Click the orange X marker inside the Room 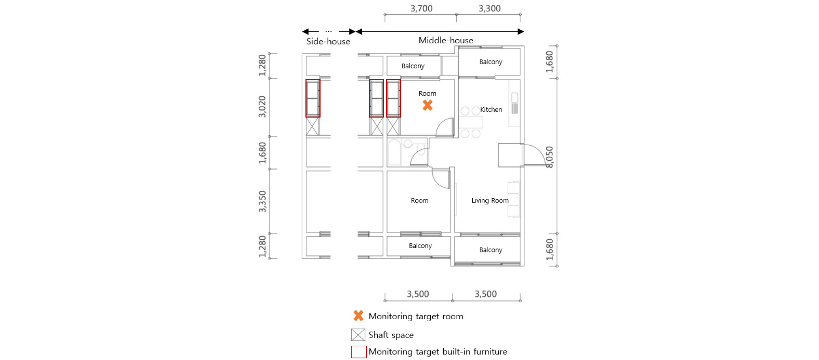coord(427,105)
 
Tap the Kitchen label coord(491,110)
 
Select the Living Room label coord(490,201)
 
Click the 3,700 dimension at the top coord(421,9)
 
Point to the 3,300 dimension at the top coord(489,9)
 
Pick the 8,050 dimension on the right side coord(550,157)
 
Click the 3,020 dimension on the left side coord(262,107)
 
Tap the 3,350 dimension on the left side coord(262,201)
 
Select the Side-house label coord(328,42)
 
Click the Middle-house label coord(446,40)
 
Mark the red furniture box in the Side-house coord(313,98)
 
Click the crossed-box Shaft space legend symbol coord(358,335)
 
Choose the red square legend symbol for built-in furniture coord(359,352)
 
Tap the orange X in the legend coord(359,316)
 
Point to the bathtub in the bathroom coord(394,152)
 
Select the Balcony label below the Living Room coord(491,250)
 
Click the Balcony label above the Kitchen coord(491,62)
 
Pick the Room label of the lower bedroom coord(420,201)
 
